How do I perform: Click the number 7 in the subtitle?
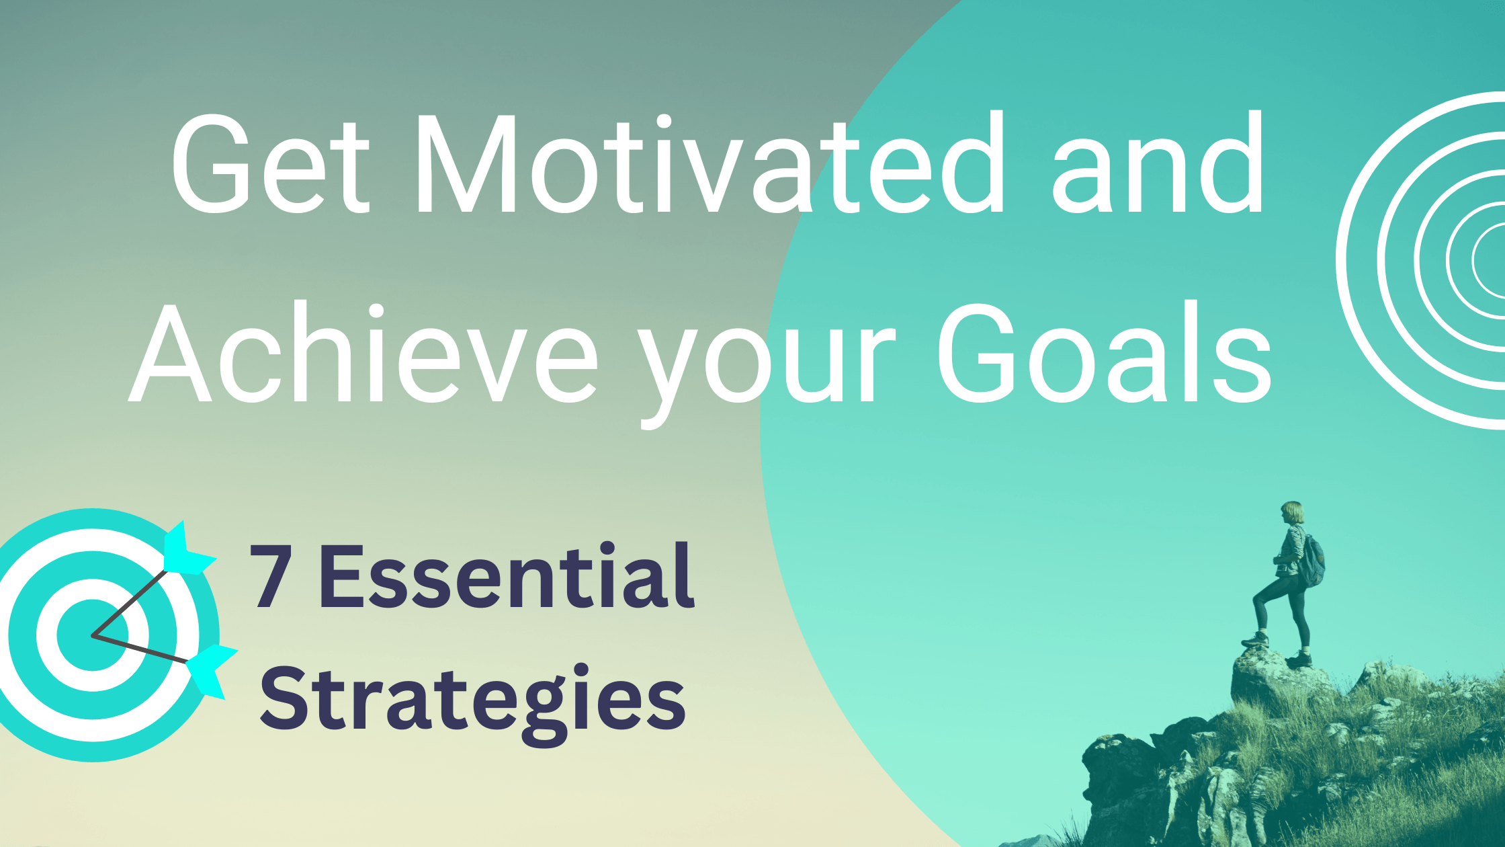pos(272,577)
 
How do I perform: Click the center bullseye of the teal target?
pos(93,635)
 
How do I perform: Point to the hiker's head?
pos(1291,512)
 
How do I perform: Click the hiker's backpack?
pos(1312,561)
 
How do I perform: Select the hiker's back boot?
pos(1299,659)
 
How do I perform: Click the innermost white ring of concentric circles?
pos(1474,259)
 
